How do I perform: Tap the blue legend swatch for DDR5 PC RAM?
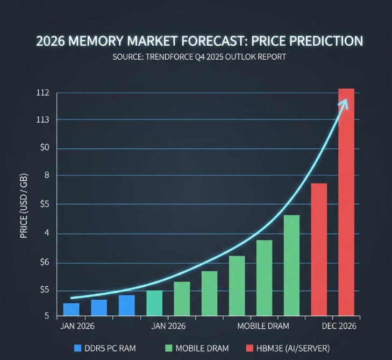pyautogui.click(x=77, y=348)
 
